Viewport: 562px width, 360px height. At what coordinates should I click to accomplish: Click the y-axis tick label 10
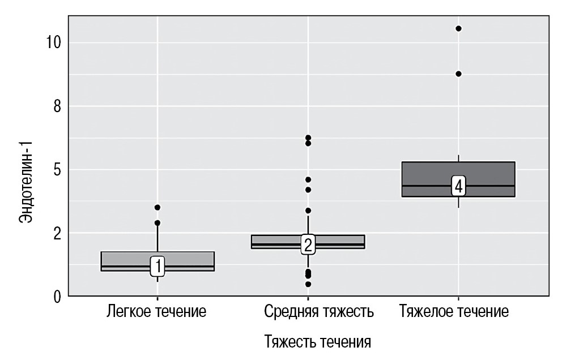coord(53,43)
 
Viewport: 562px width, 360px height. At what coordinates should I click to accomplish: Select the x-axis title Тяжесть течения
coord(318,342)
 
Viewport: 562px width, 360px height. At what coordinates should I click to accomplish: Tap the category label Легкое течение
coord(157,311)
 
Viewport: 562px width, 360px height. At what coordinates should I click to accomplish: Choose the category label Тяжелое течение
coord(453,311)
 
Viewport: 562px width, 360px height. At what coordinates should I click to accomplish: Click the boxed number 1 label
coord(157,265)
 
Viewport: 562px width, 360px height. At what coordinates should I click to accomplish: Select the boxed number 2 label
coord(308,245)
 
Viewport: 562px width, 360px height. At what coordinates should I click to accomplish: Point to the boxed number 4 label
coord(458,186)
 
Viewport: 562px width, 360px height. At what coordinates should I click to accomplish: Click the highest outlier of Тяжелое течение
coord(458,28)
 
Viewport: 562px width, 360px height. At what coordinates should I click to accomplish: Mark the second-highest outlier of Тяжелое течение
coord(458,74)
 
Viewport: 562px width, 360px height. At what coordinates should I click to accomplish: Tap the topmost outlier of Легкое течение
coord(157,207)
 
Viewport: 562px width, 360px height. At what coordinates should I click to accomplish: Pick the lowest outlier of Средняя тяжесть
coord(308,284)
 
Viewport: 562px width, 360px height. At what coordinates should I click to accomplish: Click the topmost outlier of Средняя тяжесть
coord(308,138)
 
